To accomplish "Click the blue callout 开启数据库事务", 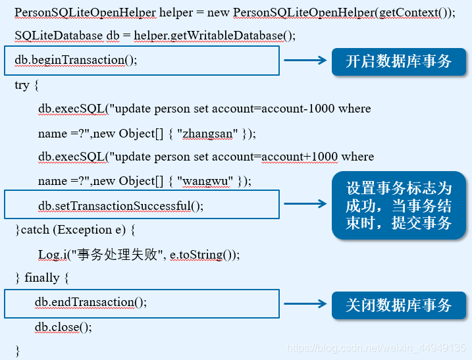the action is pos(399,61).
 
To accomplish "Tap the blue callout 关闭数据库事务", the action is pos(399,305).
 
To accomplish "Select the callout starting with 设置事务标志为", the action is pos(399,205).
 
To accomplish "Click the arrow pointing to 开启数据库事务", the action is pos(305,61).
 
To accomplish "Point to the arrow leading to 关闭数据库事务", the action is pos(305,304).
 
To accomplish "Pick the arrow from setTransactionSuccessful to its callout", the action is pos(305,205).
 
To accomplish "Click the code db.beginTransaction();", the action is pos(76,60).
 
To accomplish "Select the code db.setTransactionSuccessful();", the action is pos(121,205).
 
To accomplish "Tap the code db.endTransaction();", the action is pos(91,302).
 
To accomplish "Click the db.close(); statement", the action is pos(63,326).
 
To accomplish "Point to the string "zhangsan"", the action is pos(207,133).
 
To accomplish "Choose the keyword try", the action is pos(22,85).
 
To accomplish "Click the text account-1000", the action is pos(298,109).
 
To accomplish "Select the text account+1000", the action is pos(300,157).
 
